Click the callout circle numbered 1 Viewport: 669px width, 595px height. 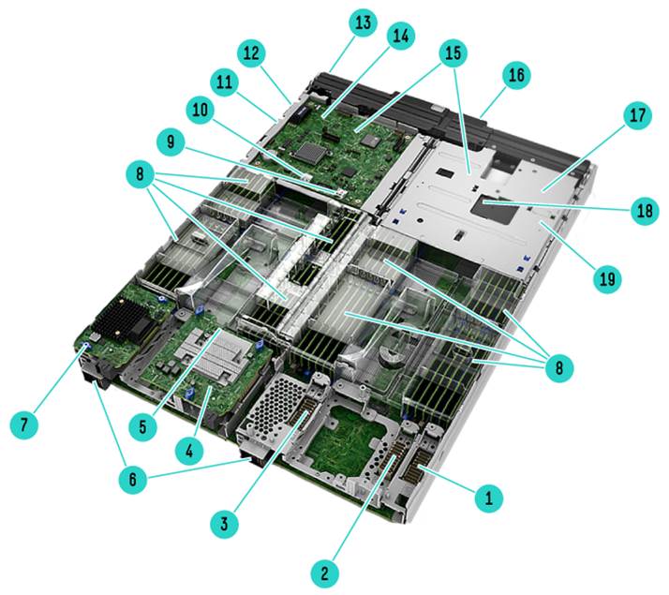[x=489, y=498]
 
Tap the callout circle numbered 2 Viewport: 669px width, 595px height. [x=325, y=573]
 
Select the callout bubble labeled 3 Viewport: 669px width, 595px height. [x=225, y=524]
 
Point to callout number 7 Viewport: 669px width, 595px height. [x=24, y=424]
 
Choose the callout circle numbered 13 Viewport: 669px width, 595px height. [x=363, y=22]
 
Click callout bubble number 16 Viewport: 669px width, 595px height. [x=516, y=75]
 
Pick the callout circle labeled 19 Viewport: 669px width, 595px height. [x=607, y=279]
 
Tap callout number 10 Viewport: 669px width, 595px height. [x=201, y=110]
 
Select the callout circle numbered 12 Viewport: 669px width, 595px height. [x=251, y=53]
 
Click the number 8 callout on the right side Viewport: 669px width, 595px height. [x=559, y=366]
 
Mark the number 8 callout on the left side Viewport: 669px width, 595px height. [x=141, y=174]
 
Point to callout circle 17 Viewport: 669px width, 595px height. [x=637, y=115]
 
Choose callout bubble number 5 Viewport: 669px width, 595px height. [x=143, y=426]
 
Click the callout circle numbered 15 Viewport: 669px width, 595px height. [x=453, y=52]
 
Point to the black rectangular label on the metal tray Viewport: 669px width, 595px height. [x=498, y=209]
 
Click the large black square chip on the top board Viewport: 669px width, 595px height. [x=314, y=154]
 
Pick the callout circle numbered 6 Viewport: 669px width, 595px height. [x=133, y=479]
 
